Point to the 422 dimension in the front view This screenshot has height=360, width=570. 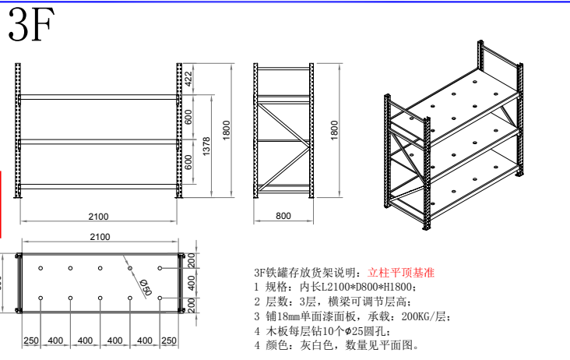[x=188, y=78]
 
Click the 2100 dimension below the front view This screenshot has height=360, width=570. [x=98, y=217]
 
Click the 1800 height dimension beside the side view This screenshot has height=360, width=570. [x=335, y=129]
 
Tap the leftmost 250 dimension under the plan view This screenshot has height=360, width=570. [x=31, y=341]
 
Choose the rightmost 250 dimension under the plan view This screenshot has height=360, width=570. [x=169, y=341]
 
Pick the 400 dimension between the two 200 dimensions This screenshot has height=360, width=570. [x=190, y=282]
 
